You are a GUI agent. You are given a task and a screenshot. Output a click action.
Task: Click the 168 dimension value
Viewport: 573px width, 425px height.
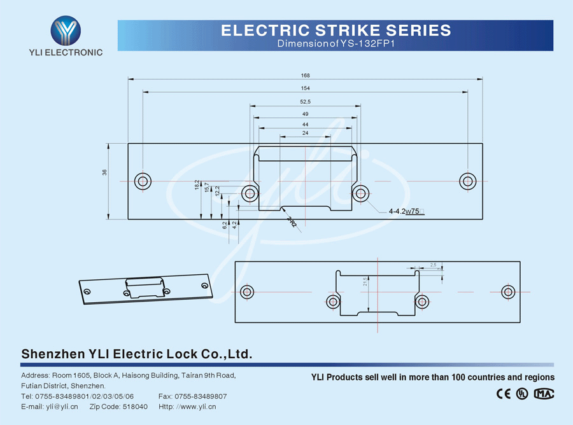coord(306,75)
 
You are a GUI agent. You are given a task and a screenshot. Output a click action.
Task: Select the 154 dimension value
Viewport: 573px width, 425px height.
coord(306,88)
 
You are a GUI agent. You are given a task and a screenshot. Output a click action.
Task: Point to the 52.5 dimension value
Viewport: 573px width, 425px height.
coord(305,102)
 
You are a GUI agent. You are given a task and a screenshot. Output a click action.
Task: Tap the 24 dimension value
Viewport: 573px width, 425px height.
coord(306,133)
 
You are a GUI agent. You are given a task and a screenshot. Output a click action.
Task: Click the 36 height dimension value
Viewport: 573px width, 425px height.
coord(104,172)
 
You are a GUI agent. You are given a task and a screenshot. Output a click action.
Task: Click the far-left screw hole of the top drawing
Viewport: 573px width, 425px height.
coord(143,181)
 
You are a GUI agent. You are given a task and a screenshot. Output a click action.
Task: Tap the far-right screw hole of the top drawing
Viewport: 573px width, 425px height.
coord(468,181)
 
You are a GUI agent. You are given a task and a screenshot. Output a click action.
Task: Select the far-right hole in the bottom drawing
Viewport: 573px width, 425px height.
coord(507,291)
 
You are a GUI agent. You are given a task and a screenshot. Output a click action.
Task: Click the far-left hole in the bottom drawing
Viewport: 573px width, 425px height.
coord(247,291)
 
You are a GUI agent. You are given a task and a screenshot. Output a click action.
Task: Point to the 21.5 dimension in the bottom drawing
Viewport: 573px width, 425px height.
coord(365,281)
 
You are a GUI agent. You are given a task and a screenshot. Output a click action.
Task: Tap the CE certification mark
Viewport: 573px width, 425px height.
coord(503,394)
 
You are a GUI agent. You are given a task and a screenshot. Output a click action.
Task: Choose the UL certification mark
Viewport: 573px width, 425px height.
coord(522,394)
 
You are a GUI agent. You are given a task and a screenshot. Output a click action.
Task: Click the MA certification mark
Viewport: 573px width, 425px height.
coord(544,394)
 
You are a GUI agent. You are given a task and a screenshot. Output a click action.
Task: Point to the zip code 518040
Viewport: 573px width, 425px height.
coord(135,407)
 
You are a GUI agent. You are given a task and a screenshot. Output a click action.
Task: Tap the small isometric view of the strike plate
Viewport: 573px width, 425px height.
coord(145,288)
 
